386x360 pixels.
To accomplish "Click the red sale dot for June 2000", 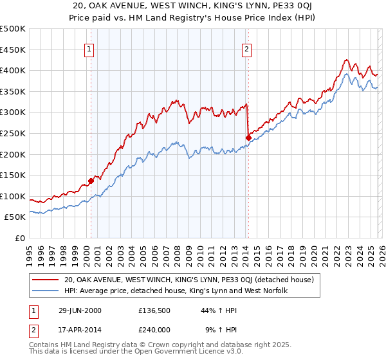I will [x=91, y=181].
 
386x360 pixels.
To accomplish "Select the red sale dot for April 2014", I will [x=248, y=137].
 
